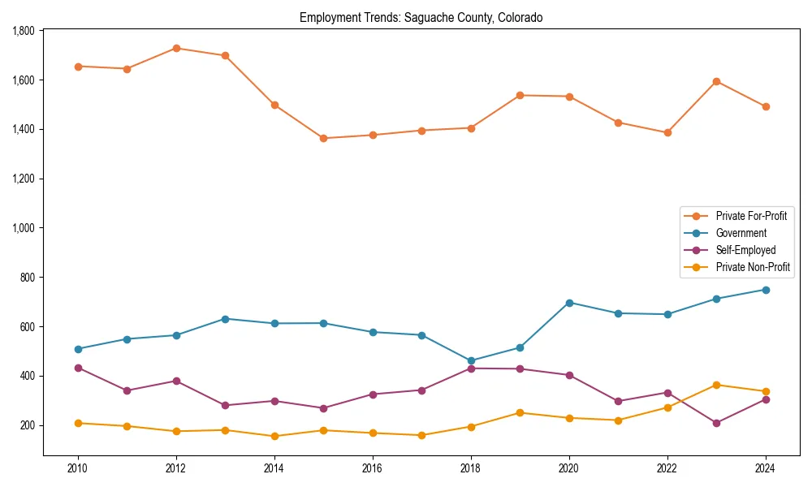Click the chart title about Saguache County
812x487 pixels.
point(421,17)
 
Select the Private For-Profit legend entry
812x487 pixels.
point(750,216)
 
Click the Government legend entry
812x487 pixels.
point(741,233)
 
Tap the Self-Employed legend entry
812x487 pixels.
point(745,250)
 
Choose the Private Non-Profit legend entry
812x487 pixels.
point(753,267)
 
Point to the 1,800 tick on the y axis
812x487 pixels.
point(24,31)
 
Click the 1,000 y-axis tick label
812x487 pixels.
point(24,228)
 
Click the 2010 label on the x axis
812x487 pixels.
point(78,468)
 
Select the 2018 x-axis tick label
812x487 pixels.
point(471,468)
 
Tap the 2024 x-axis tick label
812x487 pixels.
point(765,468)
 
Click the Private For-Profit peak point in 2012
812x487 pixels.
point(176,48)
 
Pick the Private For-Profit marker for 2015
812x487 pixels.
point(323,138)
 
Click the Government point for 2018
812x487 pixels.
point(471,361)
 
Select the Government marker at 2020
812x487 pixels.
point(569,303)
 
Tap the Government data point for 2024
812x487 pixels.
point(765,290)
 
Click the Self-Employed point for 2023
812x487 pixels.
point(716,423)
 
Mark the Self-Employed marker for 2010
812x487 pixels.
point(78,368)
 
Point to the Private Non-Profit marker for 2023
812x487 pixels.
point(716,385)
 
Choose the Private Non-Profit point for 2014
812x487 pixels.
point(274,436)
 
